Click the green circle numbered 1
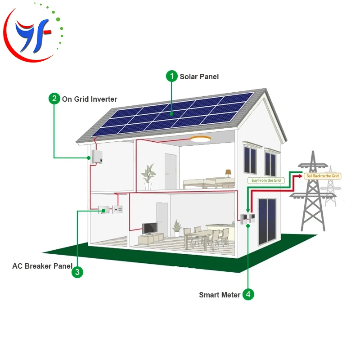coord(171,76)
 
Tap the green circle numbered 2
coord(54,99)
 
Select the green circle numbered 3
coord(77,272)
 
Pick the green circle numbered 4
coord(248,295)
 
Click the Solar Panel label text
coord(199,76)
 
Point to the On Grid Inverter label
coord(90,99)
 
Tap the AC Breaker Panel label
coord(42,266)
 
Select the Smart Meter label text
coord(220,295)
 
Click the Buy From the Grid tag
coord(265,180)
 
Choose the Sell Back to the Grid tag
coord(322,176)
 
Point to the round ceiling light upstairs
coord(200,139)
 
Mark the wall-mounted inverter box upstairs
coord(97,156)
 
